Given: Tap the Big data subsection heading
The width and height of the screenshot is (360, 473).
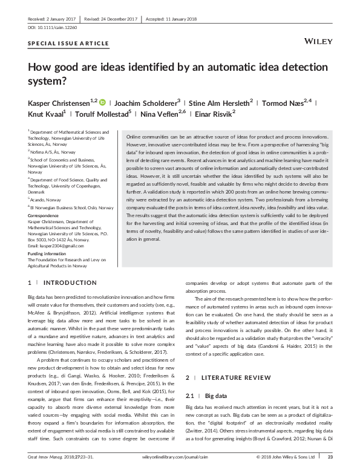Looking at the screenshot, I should (215, 396).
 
